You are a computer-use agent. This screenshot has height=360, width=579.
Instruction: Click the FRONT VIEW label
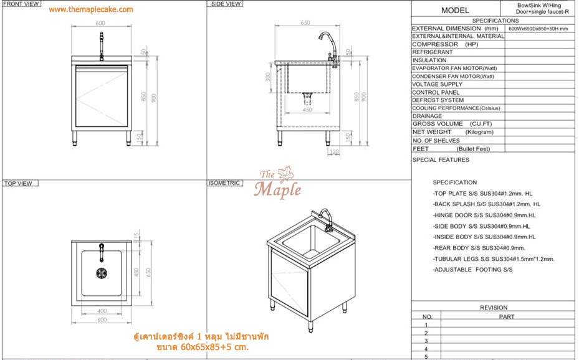pos(22,4)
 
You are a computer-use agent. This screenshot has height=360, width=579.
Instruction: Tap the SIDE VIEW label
pos(226,4)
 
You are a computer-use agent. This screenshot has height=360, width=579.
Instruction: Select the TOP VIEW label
pos(19,184)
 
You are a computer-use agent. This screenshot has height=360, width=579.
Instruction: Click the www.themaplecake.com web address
pos(90,9)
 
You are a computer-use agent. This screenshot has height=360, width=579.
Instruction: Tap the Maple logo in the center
pos(277,184)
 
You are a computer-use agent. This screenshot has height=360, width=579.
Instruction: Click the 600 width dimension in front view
pos(100,23)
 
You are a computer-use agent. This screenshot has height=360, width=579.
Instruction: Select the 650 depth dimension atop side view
pos(305,23)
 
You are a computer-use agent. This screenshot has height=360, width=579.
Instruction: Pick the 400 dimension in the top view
pos(100,311)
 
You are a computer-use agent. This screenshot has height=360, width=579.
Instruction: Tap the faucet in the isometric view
pos(326,220)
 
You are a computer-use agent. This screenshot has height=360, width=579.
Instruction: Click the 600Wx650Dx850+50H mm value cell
pos(538,29)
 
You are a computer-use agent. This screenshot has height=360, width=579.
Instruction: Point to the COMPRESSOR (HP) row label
pos(444,44)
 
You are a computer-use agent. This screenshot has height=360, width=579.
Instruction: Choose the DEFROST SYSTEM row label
pos(438,100)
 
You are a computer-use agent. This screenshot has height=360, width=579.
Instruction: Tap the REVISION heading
pos(494,308)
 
